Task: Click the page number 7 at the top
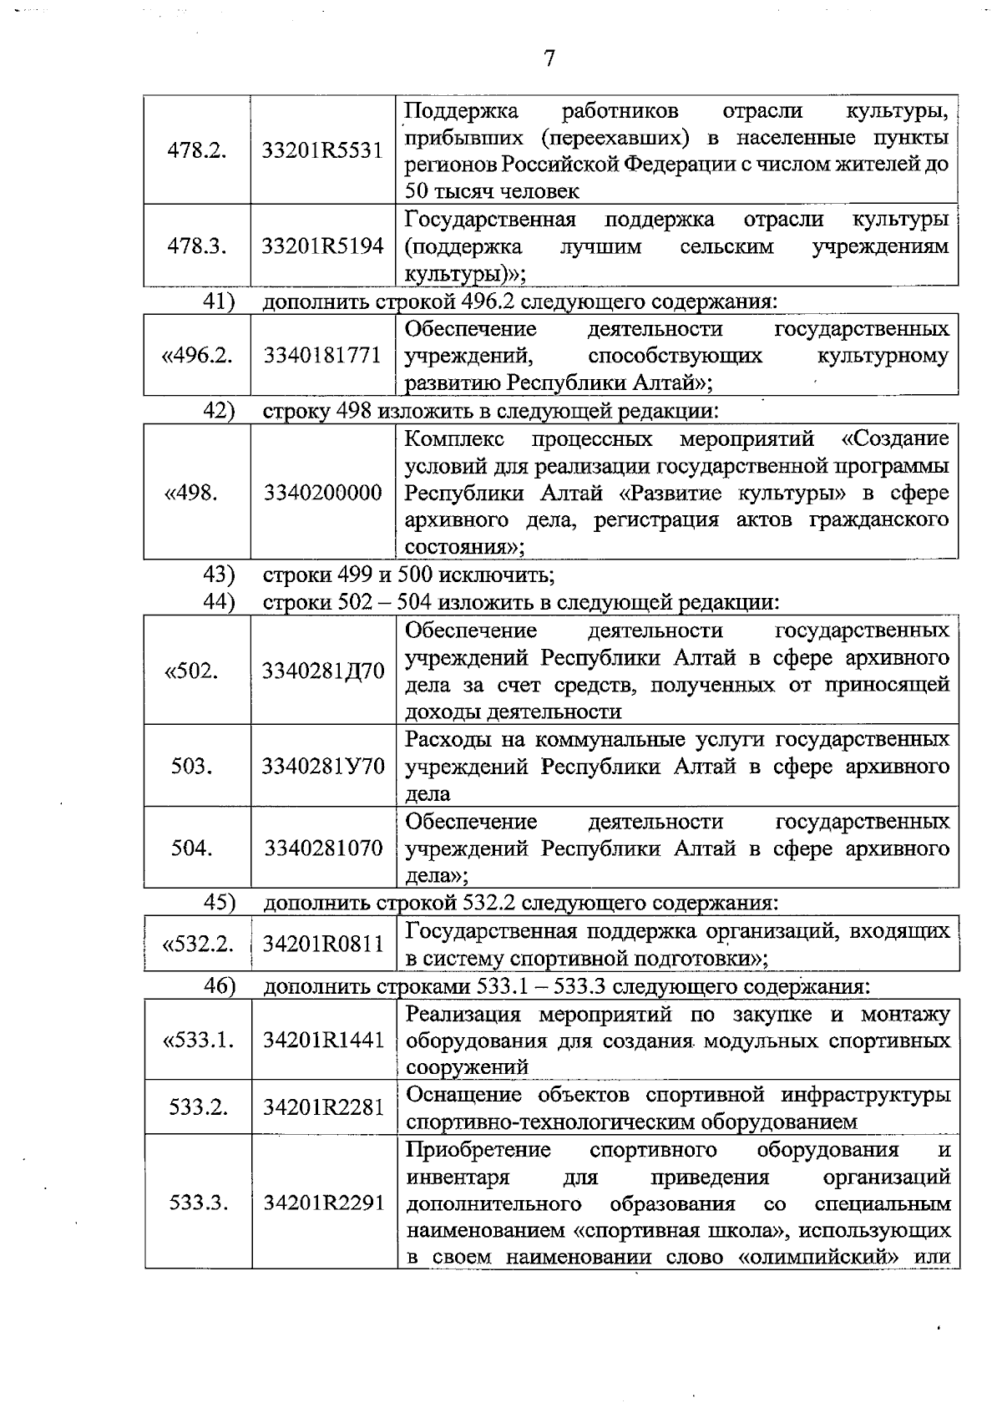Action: pyautogui.click(x=549, y=59)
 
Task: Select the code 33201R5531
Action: pyautogui.click(x=322, y=150)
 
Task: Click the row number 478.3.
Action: pyautogui.click(x=197, y=246)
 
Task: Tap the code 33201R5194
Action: pyautogui.click(x=322, y=246)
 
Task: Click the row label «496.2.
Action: pyautogui.click(x=197, y=356)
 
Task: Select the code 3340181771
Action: pyautogui.click(x=323, y=356)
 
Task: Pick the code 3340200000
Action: pyautogui.click(x=323, y=493)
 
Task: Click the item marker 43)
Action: pyautogui.click(x=220, y=575)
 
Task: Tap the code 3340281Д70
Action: pyautogui.click(x=323, y=671)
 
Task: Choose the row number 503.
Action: pyautogui.click(x=191, y=766)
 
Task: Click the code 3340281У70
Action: pyautogui.click(x=323, y=766)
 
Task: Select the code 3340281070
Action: pyautogui.click(x=323, y=848)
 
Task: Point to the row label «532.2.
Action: pyautogui.click(x=197, y=944)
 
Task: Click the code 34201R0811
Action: pyautogui.click(x=323, y=944)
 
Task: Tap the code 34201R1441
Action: pyautogui.click(x=323, y=1041)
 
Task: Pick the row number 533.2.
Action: pyautogui.click(x=198, y=1107)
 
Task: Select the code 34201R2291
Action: pyautogui.click(x=323, y=1203)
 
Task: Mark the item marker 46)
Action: pyautogui.click(x=220, y=985)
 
